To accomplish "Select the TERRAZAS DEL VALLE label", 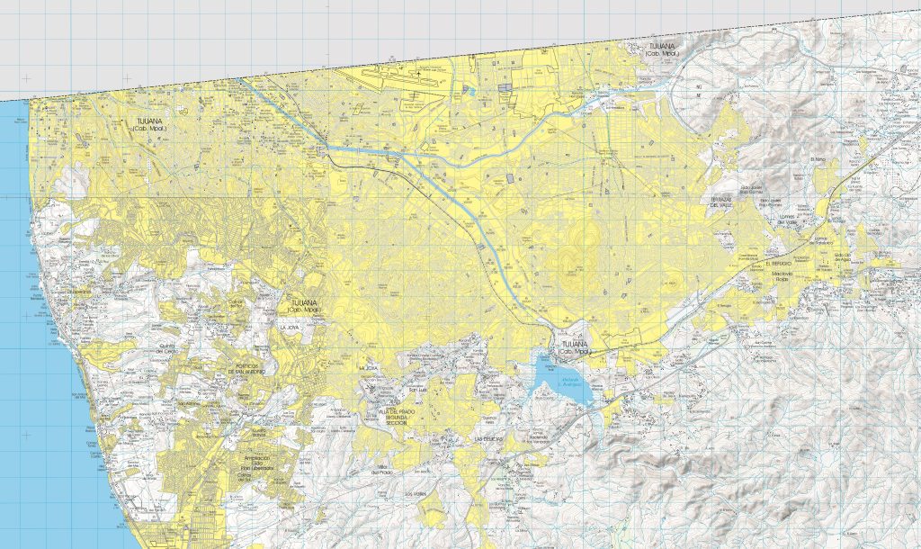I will (725, 201).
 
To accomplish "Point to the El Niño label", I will (818, 160).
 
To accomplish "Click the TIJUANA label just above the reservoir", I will (573, 347).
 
